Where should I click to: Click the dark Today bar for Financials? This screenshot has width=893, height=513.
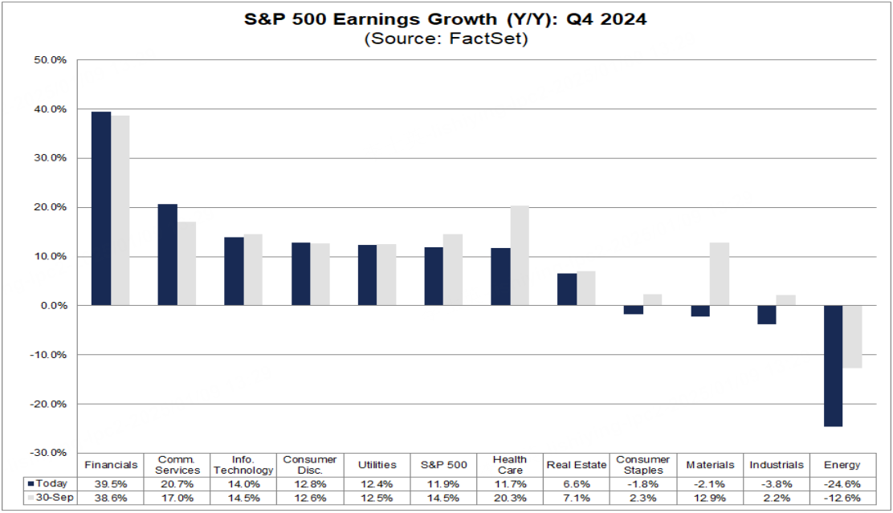point(101,209)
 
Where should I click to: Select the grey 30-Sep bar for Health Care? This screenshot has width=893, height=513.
point(520,256)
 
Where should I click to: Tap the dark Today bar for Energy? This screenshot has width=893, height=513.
point(833,366)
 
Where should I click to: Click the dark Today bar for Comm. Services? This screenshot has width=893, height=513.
point(167,255)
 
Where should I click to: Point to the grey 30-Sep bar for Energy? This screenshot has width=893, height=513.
point(852,337)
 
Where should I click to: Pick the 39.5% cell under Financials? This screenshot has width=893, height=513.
point(111,484)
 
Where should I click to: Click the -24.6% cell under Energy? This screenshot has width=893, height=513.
point(842,484)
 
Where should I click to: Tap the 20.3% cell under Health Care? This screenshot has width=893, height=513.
point(510,499)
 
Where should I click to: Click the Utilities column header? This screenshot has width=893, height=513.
point(377,465)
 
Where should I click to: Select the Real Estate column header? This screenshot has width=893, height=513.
point(576,465)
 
